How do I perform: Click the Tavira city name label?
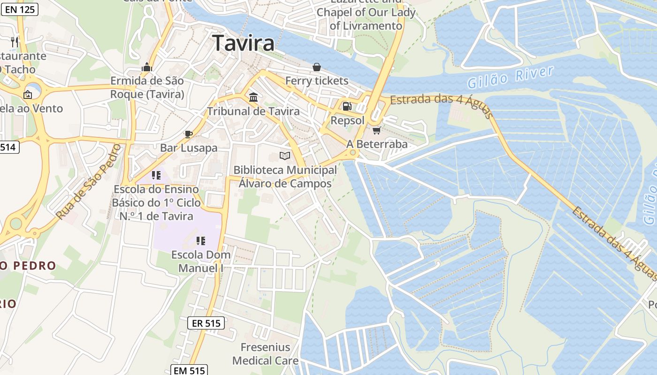[243, 43]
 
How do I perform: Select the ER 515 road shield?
[206, 323]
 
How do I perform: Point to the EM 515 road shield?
[189, 370]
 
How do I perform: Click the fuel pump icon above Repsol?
[347, 106]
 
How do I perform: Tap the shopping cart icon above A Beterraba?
[376, 130]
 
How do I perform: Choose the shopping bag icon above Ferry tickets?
[317, 67]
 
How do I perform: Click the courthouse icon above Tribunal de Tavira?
[253, 97]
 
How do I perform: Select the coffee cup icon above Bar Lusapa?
[189, 134]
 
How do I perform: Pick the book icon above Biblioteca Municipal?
[285, 156]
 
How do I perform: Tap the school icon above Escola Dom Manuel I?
[201, 241]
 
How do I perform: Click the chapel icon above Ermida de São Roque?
[147, 67]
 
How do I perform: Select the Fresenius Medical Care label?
[265, 354]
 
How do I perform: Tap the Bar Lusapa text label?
[189, 148]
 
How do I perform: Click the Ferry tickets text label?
[317, 81]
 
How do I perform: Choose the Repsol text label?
[347, 120]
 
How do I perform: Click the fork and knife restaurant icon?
[15, 42]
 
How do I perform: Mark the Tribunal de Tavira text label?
[253, 112]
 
